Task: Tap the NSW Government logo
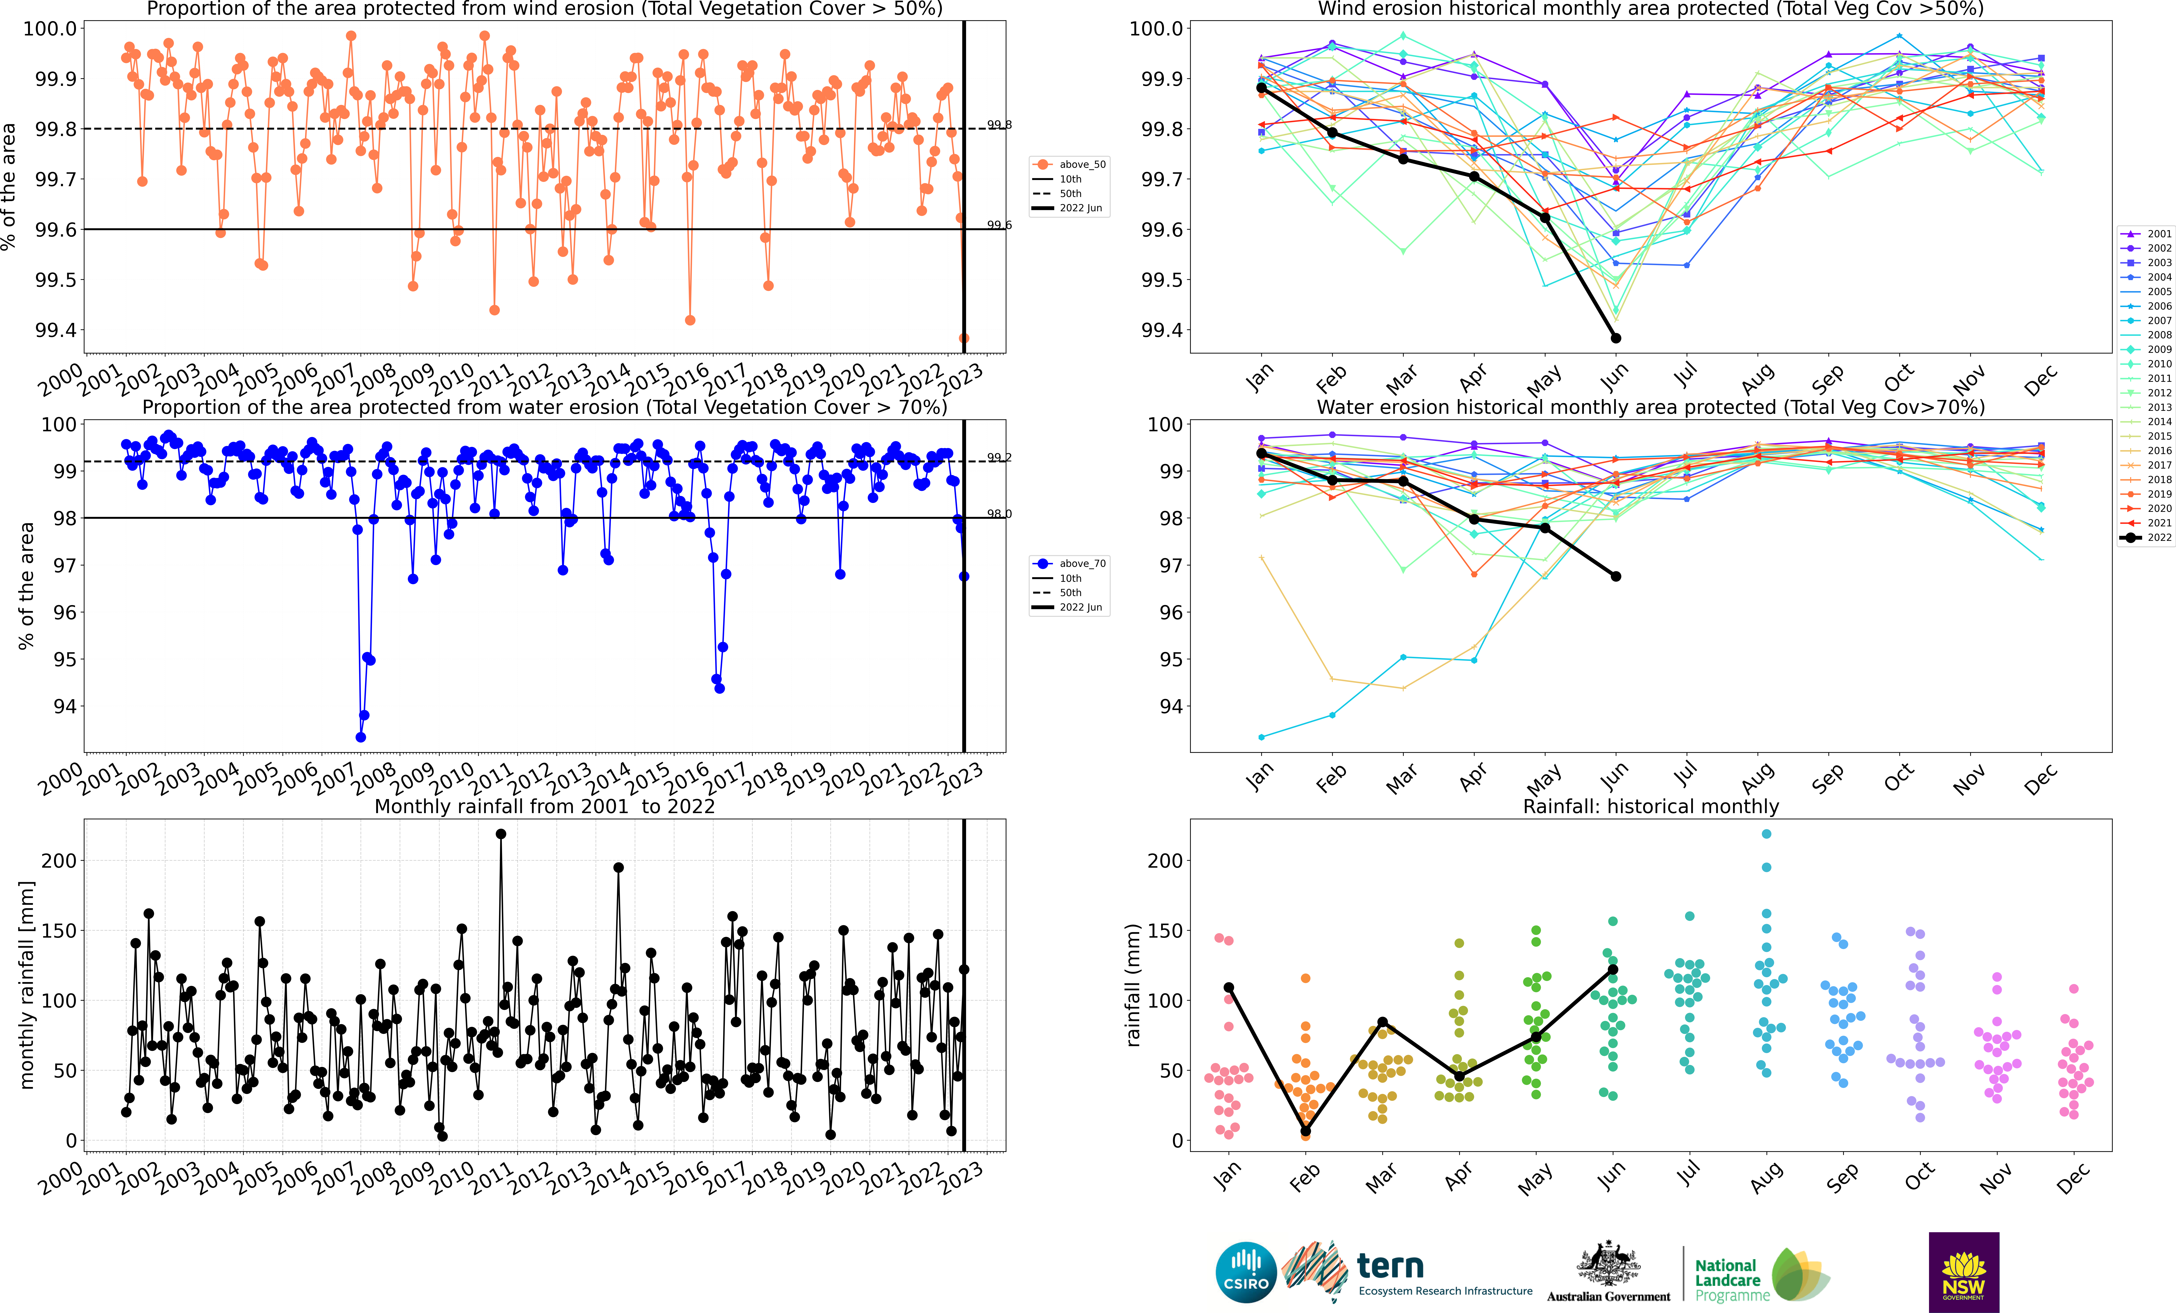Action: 1963,1272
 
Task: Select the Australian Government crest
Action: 1608,1263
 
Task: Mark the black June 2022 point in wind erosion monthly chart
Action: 1615,338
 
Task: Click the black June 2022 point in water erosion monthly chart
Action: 1615,577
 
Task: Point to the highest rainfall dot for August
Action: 1766,834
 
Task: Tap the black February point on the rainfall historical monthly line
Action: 1305,1131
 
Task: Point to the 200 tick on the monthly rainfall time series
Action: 59,861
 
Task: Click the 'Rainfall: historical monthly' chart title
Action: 1650,806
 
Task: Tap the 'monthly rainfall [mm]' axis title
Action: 26,985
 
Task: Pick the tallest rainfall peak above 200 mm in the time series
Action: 501,834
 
